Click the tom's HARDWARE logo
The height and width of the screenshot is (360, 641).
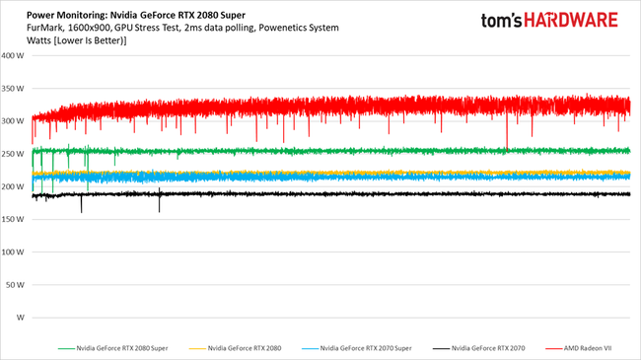[x=548, y=21]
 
